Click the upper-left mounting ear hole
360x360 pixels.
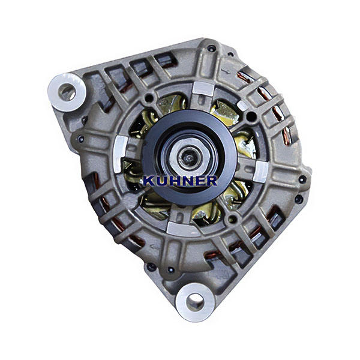click(67, 92)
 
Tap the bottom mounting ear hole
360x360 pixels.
click(195, 302)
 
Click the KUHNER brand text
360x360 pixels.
click(180, 181)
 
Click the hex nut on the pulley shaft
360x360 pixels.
click(188, 155)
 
